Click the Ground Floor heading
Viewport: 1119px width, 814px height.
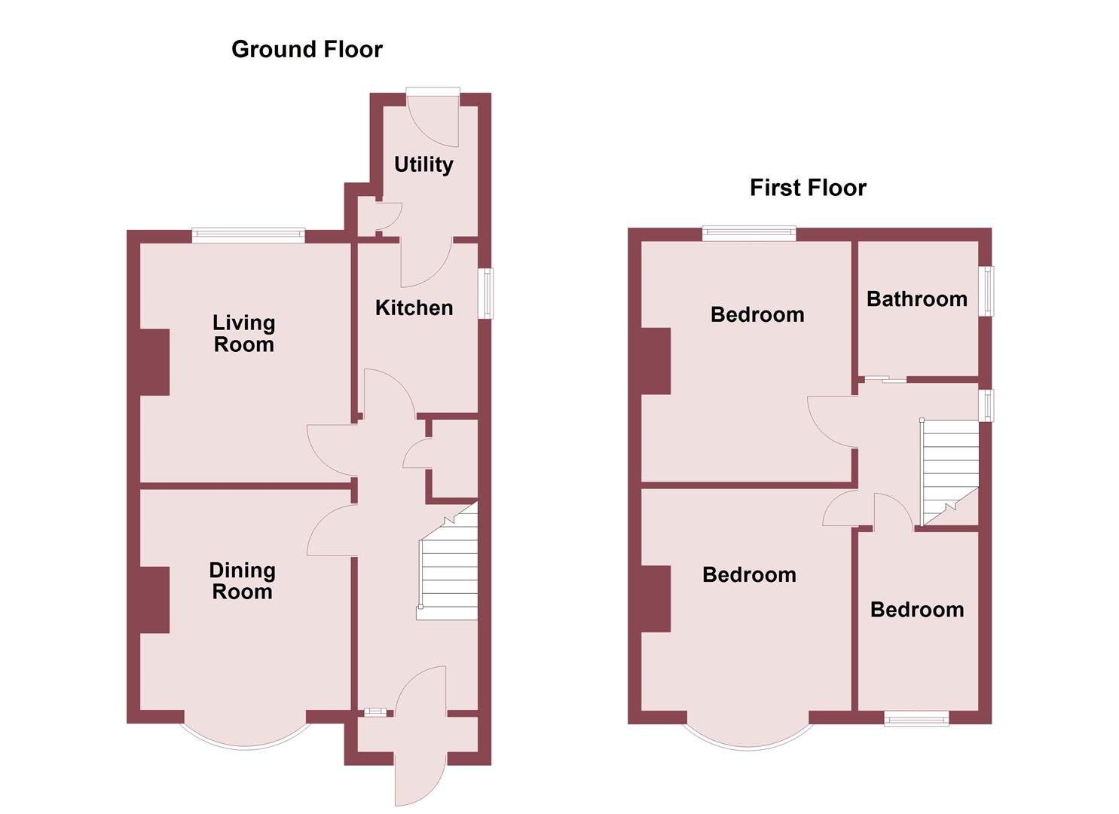coord(307,49)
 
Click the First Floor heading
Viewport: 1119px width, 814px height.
coord(808,188)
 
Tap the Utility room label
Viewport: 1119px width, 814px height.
coord(423,164)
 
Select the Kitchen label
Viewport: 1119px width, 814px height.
coord(414,308)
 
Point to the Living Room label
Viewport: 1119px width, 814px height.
coord(243,333)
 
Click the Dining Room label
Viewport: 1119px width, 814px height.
coord(242,581)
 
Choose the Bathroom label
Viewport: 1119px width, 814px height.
coord(916,299)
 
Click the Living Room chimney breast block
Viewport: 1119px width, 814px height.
coord(154,362)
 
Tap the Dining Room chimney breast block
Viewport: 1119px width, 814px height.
coord(154,600)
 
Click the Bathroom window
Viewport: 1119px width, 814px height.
coord(986,291)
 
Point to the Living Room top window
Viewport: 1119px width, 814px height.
coord(248,236)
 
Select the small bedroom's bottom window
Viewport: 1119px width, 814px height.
coord(916,718)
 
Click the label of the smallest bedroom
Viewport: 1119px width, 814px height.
coord(916,610)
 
